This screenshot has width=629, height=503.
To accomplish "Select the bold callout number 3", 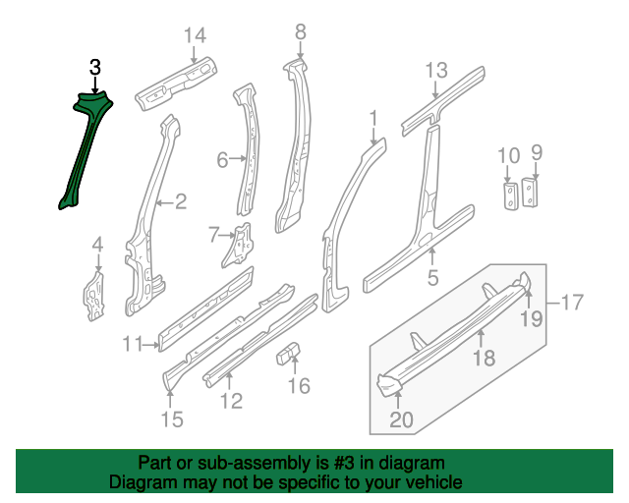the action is pos(95,68).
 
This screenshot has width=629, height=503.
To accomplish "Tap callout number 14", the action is pos(195,35).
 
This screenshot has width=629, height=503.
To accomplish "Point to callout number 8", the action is pos(301,31).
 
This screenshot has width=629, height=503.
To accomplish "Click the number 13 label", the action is pos(436,70).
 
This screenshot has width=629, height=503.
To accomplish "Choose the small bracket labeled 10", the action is pos(511,196).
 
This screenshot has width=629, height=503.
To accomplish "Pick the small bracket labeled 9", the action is pos(530,193).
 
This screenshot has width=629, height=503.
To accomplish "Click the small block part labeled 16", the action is pos(288,353).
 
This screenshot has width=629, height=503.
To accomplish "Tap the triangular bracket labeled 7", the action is pos(238,246).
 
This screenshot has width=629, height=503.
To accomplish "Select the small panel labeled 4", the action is pos(94,296).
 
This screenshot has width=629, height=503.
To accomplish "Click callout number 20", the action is pos(401,419).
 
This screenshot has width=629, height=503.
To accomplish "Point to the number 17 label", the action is pos(572,302).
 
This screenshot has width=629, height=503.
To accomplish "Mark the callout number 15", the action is pos(172,419).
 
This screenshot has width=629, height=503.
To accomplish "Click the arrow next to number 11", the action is pos(151,344).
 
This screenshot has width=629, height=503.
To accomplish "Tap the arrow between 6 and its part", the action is pos(238,159).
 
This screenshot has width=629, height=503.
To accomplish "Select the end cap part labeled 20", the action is pos(389,384).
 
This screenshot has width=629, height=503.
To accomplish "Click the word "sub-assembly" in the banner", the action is pos(254,464).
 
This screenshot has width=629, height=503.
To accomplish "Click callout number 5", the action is pos(432,278).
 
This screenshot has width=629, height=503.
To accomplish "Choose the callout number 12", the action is pos(232,401).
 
